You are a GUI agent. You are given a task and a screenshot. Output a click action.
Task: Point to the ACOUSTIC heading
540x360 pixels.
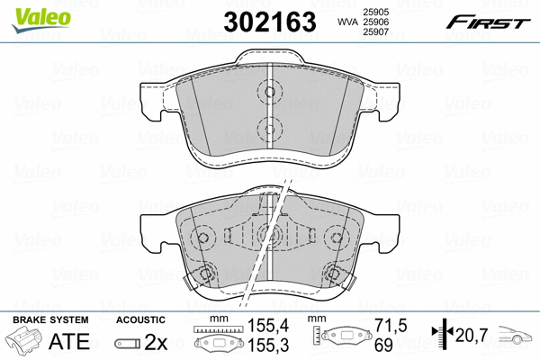tap(140, 319)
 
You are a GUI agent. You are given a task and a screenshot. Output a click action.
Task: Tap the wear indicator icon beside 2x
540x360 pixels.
tap(127, 344)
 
